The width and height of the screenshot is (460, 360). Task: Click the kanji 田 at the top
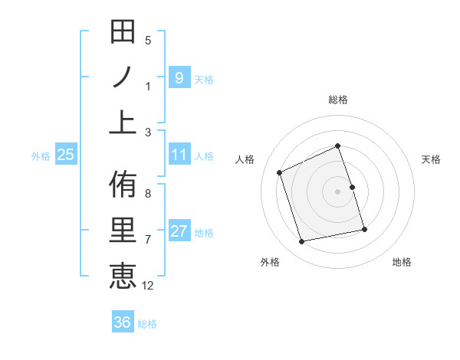click(123, 33)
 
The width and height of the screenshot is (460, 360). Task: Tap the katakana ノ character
click(123, 78)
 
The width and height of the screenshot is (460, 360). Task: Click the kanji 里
click(123, 231)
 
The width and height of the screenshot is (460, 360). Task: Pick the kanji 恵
click(123, 275)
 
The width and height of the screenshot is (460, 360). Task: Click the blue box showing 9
click(179, 77)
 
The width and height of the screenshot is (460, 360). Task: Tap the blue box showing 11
click(179, 155)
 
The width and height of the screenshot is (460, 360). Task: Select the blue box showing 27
click(179, 231)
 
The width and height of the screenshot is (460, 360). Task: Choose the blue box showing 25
click(66, 155)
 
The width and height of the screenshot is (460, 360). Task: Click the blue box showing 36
click(123, 322)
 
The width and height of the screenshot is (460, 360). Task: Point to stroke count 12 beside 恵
click(148, 286)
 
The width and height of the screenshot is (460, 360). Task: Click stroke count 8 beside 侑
click(148, 194)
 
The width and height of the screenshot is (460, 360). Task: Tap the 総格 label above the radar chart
click(337, 100)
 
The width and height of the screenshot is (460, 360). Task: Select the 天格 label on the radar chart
click(431, 159)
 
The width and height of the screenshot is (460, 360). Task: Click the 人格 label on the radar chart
click(245, 159)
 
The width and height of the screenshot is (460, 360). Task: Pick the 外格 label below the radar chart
click(269, 262)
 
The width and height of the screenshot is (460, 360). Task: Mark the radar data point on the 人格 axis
click(280, 172)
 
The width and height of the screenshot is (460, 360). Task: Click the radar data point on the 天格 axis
click(352, 187)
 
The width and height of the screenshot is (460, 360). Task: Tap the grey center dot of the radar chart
click(337, 191)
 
